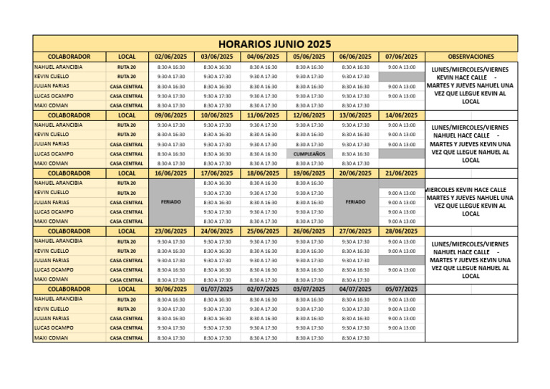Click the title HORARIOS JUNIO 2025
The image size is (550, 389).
coord(275,44)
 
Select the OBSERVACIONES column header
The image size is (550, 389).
coord(471,57)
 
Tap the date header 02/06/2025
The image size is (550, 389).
coord(170,57)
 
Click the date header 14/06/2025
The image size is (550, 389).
coord(401,115)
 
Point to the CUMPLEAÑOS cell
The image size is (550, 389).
coord(309,154)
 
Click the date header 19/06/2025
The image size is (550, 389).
coord(309,173)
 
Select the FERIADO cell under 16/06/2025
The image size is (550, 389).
coord(170,202)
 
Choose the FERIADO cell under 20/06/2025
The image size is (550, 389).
coord(355,202)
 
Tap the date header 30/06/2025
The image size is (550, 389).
coord(170,289)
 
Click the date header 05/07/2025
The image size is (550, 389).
coord(401,289)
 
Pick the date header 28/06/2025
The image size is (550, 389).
coord(401,231)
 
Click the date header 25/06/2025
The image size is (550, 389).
coord(263,231)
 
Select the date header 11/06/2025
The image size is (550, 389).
coord(263,115)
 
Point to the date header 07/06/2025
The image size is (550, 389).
coord(401,57)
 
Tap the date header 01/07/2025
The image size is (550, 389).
coord(217,289)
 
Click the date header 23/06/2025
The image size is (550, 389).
coord(170,231)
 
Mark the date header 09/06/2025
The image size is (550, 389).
coord(170,115)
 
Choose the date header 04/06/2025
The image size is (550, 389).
coord(263,57)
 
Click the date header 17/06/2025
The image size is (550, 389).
coord(217,173)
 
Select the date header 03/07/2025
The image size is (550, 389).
coord(309,289)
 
